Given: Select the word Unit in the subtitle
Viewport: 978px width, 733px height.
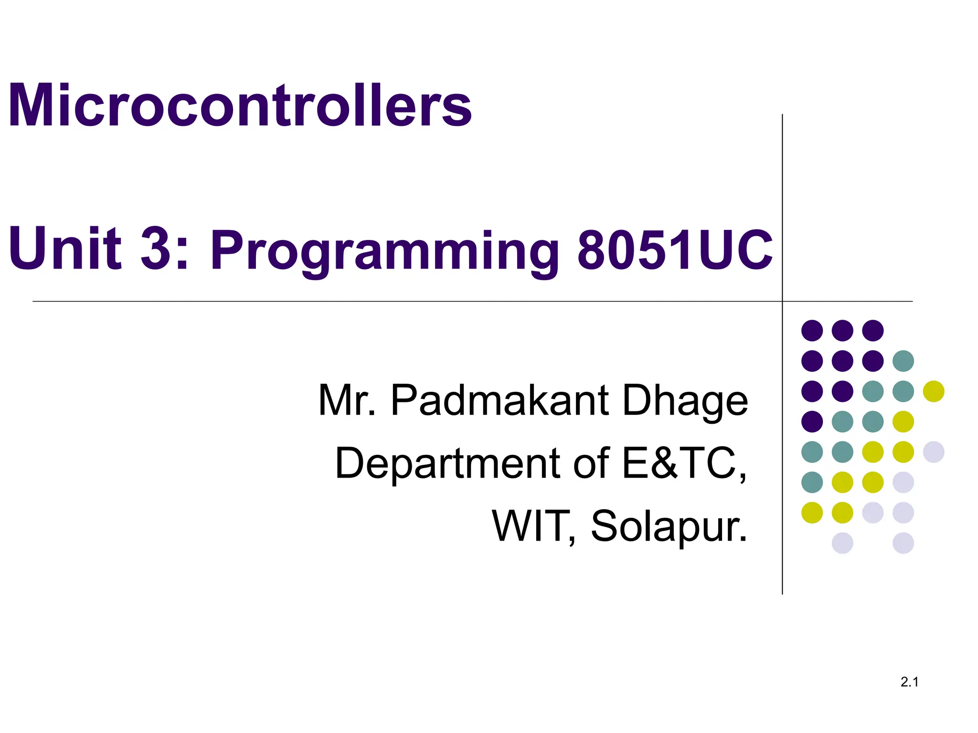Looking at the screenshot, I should click(65, 248).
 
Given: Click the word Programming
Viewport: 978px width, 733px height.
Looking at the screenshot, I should click(384, 251).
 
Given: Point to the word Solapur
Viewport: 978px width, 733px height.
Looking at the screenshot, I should click(669, 526).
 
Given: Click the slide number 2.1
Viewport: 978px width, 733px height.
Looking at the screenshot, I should click(909, 682).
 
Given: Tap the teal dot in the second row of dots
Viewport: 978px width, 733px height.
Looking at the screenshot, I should click(903, 361).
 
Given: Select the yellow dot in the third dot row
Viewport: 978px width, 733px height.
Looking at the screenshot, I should click(934, 391).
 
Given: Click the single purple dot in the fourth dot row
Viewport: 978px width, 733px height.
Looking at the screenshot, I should click(812, 421).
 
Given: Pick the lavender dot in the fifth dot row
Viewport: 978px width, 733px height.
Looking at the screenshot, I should click(934, 452).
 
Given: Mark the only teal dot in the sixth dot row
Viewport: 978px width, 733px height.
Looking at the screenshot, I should click(812, 482).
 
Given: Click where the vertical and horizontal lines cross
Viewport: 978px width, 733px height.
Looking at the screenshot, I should click(782, 301).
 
